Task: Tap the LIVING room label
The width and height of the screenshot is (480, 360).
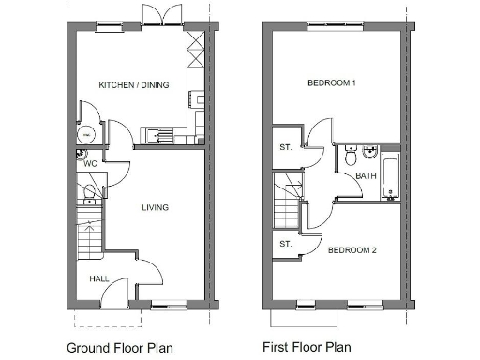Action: [x=155, y=207]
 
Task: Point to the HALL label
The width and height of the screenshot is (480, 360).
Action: [x=98, y=279]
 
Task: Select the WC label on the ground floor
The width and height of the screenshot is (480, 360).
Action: [x=91, y=164]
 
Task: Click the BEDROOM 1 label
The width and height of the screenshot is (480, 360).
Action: [x=332, y=83]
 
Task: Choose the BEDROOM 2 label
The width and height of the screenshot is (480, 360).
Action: [x=352, y=250]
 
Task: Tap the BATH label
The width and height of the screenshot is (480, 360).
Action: [x=366, y=175]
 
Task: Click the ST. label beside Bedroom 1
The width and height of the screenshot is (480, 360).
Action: [x=286, y=148]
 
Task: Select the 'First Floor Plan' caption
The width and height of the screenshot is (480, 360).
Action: [x=307, y=347]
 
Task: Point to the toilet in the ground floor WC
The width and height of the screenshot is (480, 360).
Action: [x=89, y=194]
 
